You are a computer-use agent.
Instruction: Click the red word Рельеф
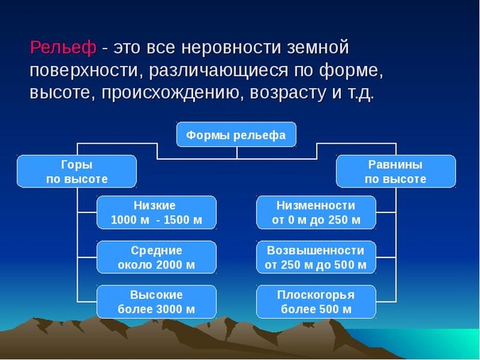63,48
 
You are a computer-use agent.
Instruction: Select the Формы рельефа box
236,134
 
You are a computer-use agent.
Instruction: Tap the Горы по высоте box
76,172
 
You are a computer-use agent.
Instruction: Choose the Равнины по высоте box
396,172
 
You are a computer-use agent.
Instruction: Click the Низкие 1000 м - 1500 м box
157,212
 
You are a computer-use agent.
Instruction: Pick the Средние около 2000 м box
157,257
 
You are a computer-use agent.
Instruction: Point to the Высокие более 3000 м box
157,302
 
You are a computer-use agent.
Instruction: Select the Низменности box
316,212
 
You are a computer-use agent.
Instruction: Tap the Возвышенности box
316,257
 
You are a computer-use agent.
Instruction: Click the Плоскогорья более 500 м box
316,302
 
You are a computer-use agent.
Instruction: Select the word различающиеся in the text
219,71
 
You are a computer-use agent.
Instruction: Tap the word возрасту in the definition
288,94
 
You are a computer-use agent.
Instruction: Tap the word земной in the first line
318,48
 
